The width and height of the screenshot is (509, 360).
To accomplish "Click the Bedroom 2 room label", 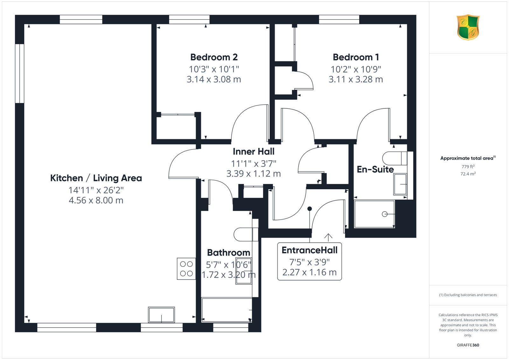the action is point(214,57).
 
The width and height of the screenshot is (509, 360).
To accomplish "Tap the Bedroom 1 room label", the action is point(356,57).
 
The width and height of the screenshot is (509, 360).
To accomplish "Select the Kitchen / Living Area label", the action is point(96,178).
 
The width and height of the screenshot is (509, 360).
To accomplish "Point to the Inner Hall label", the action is point(254,151).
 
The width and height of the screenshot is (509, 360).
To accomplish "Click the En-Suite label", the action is point(375,170).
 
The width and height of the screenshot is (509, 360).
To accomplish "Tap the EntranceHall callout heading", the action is point(310,250).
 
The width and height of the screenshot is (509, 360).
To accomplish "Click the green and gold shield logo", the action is point(468,27).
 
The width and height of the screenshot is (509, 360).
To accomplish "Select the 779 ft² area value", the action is point(468,167).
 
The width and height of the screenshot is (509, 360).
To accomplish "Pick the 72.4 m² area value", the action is point(468,174).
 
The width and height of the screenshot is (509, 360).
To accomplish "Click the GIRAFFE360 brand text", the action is point(468,345).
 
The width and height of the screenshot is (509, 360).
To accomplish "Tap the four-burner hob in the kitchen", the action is point(186,269).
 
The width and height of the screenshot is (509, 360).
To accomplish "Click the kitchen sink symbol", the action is point(161,315).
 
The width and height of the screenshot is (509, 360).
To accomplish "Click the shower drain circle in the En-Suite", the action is point(385,214).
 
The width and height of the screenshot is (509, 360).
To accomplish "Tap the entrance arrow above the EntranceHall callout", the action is point(328,238).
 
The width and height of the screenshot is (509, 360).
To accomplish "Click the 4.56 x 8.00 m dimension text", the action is point(96,200).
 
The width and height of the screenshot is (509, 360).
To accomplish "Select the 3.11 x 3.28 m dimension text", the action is point(356,79).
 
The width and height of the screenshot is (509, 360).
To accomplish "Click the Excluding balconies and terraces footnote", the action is point(468,295).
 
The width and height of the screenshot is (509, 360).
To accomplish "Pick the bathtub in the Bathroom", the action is point(227,310).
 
